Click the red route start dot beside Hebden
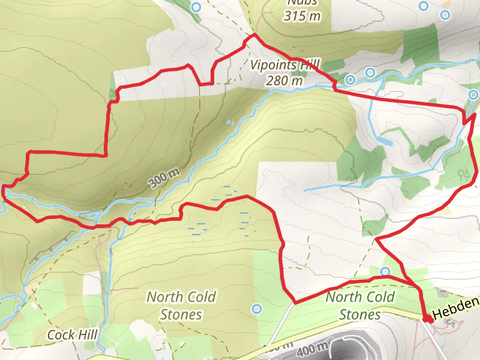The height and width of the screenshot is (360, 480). coord(426,319)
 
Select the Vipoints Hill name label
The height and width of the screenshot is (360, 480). coord(287,65)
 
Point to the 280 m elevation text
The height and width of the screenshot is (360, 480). coord(285,81)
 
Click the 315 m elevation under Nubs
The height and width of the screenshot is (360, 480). coord(303,16)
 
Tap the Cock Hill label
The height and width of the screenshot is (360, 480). coord(73,335)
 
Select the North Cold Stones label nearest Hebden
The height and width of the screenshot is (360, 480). coord(360,305)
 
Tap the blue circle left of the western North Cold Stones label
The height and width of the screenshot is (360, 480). coord(257,309)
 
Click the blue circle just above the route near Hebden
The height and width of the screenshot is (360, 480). coord(386,271)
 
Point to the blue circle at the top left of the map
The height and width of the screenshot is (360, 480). coord(196,7)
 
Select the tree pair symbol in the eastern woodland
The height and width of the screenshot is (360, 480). coord(463,175)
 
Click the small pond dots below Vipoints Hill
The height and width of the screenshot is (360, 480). coord(229,122)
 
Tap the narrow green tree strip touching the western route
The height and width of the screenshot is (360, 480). coord(112,94)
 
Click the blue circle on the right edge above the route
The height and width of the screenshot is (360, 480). coord(474,94)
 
